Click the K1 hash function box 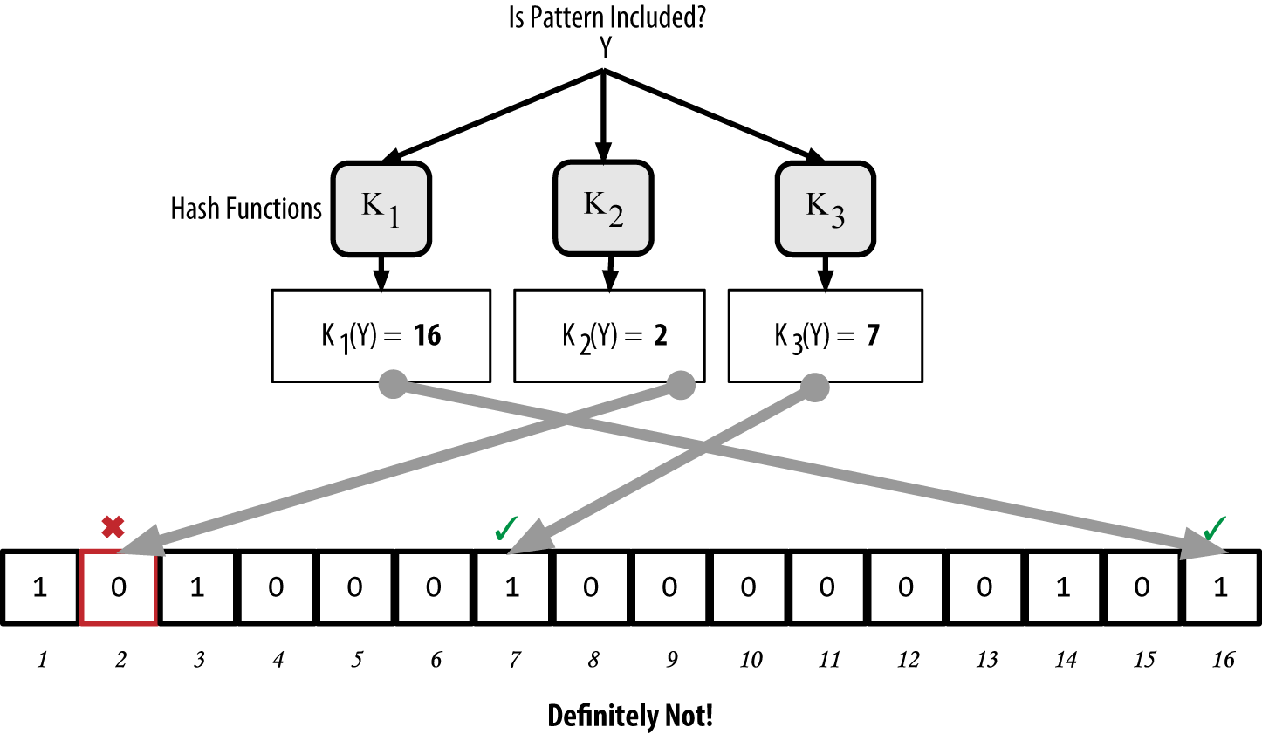pos(381,209)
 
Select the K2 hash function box pos(603,208)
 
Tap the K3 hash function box pos(825,209)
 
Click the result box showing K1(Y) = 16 pos(381,336)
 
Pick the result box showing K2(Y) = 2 pos(609,336)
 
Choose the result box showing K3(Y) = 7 pos(825,336)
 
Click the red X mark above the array pos(113,527)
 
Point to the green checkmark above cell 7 pos(506,528)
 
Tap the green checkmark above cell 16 pos(1215,527)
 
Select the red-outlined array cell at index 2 pos(119,587)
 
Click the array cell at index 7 pos(512,587)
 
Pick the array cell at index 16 pos(1221,587)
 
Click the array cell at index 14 pos(1063,587)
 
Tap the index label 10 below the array pos(751,660)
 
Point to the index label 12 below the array pos(908,660)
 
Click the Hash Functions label pos(246,209)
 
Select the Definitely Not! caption pos(630,716)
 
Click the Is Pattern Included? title pos(607,17)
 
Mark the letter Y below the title pos(606,49)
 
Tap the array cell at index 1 pos(40,587)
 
